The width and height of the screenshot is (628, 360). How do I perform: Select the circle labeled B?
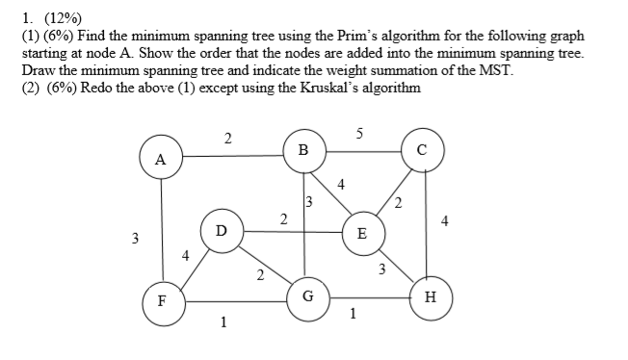[303, 150]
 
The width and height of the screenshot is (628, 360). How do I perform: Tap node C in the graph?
[422, 150]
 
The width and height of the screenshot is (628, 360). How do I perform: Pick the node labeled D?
[221, 231]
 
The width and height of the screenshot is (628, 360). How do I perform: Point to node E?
[361, 233]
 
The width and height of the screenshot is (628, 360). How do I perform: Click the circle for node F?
[161, 298]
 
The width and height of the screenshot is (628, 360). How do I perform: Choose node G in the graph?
[307, 296]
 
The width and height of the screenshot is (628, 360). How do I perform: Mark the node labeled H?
[430, 296]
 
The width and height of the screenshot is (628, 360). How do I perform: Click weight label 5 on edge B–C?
[358, 134]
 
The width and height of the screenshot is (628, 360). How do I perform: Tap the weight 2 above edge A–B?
[227, 139]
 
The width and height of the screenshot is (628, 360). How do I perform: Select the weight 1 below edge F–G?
[223, 322]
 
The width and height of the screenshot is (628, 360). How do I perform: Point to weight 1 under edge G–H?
[353, 312]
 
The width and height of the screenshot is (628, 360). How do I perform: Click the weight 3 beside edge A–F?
[136, 237]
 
